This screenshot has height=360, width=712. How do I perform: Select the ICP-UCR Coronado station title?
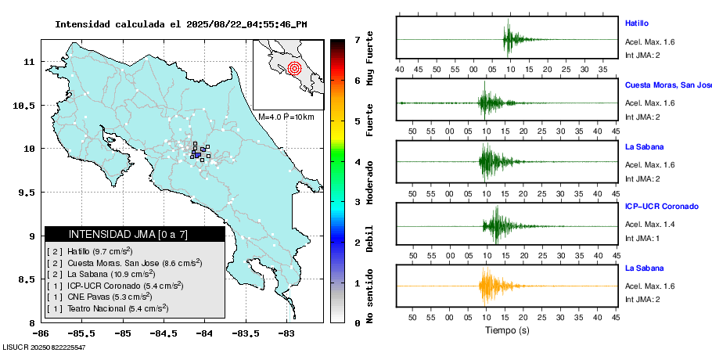tap(661, 207)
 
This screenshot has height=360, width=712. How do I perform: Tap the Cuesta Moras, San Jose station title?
tap(667, 85)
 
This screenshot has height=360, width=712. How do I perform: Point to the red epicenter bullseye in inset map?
tap(294, 67)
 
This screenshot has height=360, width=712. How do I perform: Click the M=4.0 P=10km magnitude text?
tap(286, 117)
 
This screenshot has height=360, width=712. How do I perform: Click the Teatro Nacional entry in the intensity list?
tap(107, 309)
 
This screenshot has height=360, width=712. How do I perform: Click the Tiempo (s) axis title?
tap(506, 330)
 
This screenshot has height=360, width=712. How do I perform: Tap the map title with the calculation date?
tap(181, 24)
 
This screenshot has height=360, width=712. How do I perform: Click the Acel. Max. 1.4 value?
tap(649, 225)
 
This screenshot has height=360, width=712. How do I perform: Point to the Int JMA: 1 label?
tap(643, 238)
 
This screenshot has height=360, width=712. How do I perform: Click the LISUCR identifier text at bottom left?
tap(44, 347)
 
